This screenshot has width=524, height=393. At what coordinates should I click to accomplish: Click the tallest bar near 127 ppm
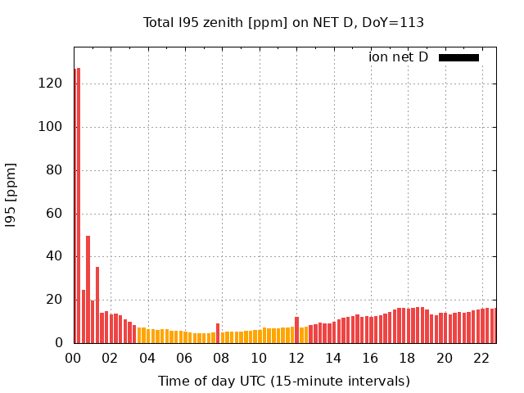click(x=78, y=205)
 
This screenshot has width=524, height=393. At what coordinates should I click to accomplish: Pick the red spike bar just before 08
click(x=218, y=333)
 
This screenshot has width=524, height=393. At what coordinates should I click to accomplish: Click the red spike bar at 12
click(x=296, y=330)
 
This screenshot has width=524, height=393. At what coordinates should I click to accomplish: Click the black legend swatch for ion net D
click(x=458, y=57)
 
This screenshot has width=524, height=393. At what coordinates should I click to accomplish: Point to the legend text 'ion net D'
click(x=398, y=57)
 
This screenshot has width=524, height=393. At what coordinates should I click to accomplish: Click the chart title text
click(x=283, y=23)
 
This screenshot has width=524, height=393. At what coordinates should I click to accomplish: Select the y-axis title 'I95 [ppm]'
click(x=11, y=196)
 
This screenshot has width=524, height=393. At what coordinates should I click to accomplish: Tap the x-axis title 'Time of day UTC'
click(x=283, y=381)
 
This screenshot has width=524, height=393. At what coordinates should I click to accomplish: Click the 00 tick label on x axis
click(x=74, y=358)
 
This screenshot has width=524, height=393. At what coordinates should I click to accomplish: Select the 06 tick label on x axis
click(x=185, y=358)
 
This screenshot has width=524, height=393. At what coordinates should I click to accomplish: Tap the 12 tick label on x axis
click(x=296, y=358)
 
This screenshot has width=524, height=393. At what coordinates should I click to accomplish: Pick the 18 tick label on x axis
click(x=408, y=358)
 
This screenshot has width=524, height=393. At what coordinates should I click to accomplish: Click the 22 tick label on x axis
click(x=482, y=358)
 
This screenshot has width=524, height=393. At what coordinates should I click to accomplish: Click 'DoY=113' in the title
click(x=394, y=23)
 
